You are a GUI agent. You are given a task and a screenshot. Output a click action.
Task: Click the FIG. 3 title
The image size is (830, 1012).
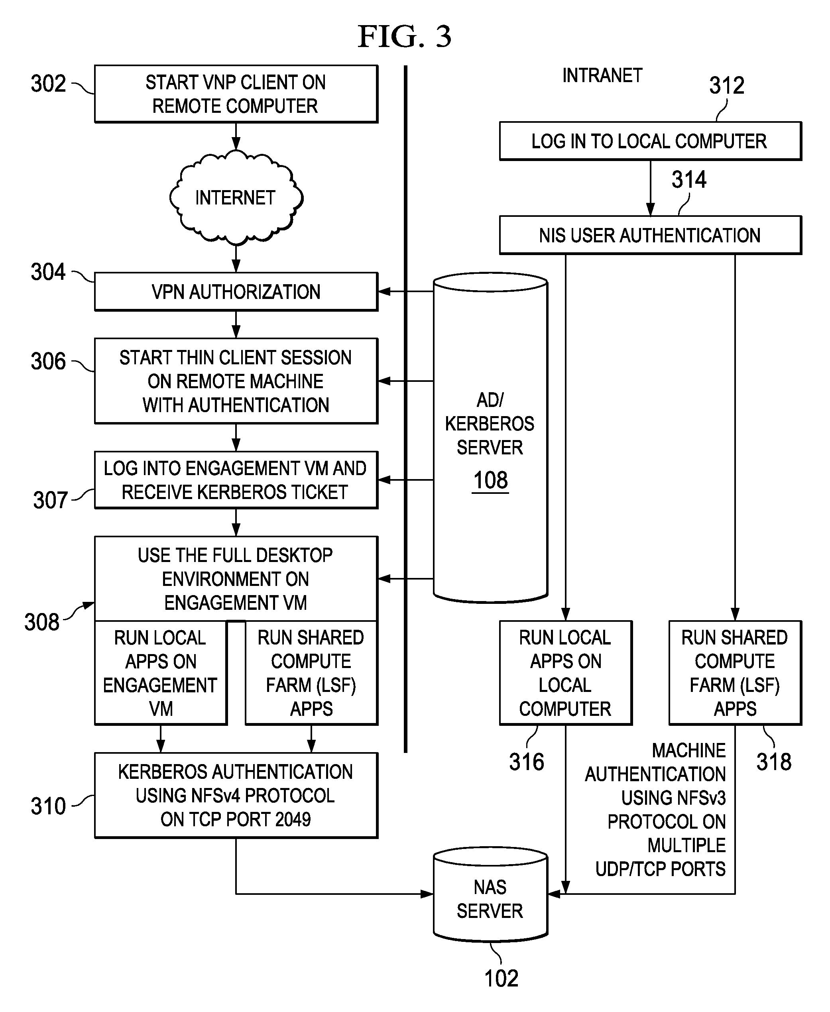click(x=405, y=37)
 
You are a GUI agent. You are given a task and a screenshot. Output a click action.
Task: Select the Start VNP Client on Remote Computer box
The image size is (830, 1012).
click(x=236, y=94)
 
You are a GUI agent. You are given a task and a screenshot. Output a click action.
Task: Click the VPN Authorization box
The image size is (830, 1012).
click(x=236, y=292)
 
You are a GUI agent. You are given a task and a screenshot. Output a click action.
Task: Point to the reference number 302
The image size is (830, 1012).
click(x=48, y=84)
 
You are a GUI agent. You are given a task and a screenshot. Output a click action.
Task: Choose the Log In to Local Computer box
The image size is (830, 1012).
click(x=650, y=141)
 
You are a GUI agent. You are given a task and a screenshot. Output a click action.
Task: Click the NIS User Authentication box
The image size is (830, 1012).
click(x=650, y=235)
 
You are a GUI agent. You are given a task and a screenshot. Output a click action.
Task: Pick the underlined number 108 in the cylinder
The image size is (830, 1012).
click(x=490, y=480)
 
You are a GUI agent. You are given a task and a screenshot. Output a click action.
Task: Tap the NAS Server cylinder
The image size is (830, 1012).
click(x=490, y=899)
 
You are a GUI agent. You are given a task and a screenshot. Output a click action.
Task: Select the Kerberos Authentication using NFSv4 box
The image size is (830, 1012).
click(x=236, y=796)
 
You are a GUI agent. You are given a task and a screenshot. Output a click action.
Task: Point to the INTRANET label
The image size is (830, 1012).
click(x=602, y=75)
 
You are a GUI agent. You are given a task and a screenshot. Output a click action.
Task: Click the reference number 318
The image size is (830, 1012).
click(x=773, y=762)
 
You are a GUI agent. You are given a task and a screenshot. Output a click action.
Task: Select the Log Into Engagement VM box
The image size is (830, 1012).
click(x=236, y=480)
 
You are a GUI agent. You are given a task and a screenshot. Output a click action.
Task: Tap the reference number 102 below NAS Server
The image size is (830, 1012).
click(x=501, y=979)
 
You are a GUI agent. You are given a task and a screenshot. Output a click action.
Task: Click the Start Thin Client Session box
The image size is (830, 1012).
click(x=236, y=381)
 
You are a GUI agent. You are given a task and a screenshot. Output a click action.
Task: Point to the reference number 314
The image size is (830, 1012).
click(x=688, y=180)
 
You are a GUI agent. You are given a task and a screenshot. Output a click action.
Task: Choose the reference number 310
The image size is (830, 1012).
click(x=48, y=806)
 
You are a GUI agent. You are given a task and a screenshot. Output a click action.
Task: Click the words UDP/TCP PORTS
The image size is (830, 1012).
click(x=660, y=869)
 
